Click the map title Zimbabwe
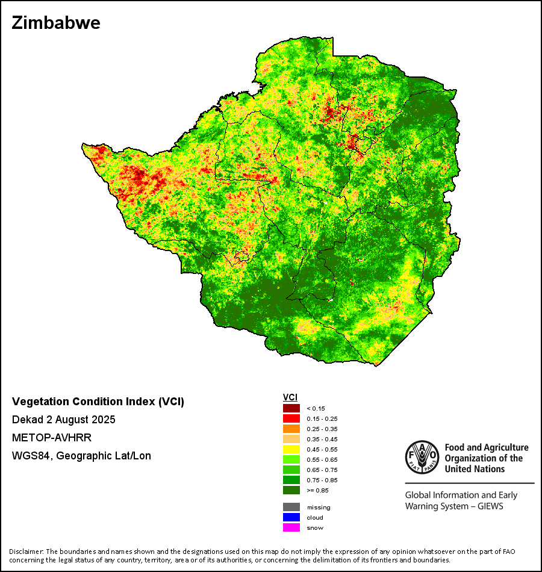point(55,23)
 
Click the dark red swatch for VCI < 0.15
point(291,408)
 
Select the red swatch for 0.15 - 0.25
point(291,418)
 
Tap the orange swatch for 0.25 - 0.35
point(291,429)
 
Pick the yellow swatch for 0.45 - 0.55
point(291,449)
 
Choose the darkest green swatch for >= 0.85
point(291,490)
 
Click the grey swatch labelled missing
point(291,507)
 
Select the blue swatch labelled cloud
point(291,517)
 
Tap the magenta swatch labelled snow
point(291,527)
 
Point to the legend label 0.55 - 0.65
point(321,459)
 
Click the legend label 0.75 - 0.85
point(321,480)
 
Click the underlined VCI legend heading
point(290,397)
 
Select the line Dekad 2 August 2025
point(63,420)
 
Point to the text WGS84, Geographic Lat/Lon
point(81,456)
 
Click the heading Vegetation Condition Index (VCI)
point(98,402)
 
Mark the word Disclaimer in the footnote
point(25,552)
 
